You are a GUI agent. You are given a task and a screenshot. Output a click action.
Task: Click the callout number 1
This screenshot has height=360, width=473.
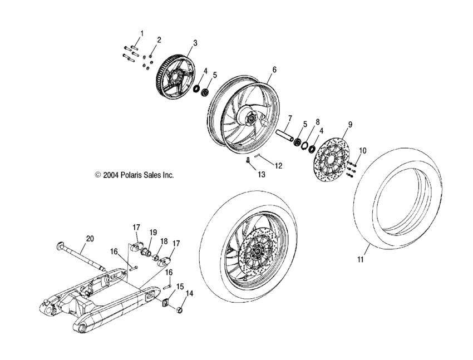click(141, 34)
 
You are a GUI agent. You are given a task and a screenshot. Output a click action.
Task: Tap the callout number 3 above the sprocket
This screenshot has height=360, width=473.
click(195, 43)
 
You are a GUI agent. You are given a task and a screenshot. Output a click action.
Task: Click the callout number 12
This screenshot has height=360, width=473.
click(279, 165)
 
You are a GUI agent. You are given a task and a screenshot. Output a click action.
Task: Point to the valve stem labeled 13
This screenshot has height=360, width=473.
click(247, 162)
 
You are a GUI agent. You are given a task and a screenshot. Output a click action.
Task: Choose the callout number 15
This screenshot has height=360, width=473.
click(180, 287)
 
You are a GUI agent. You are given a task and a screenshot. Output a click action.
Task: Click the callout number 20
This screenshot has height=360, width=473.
click(90, 239)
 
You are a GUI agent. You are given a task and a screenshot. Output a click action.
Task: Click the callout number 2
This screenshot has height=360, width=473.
click(159, 40)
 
